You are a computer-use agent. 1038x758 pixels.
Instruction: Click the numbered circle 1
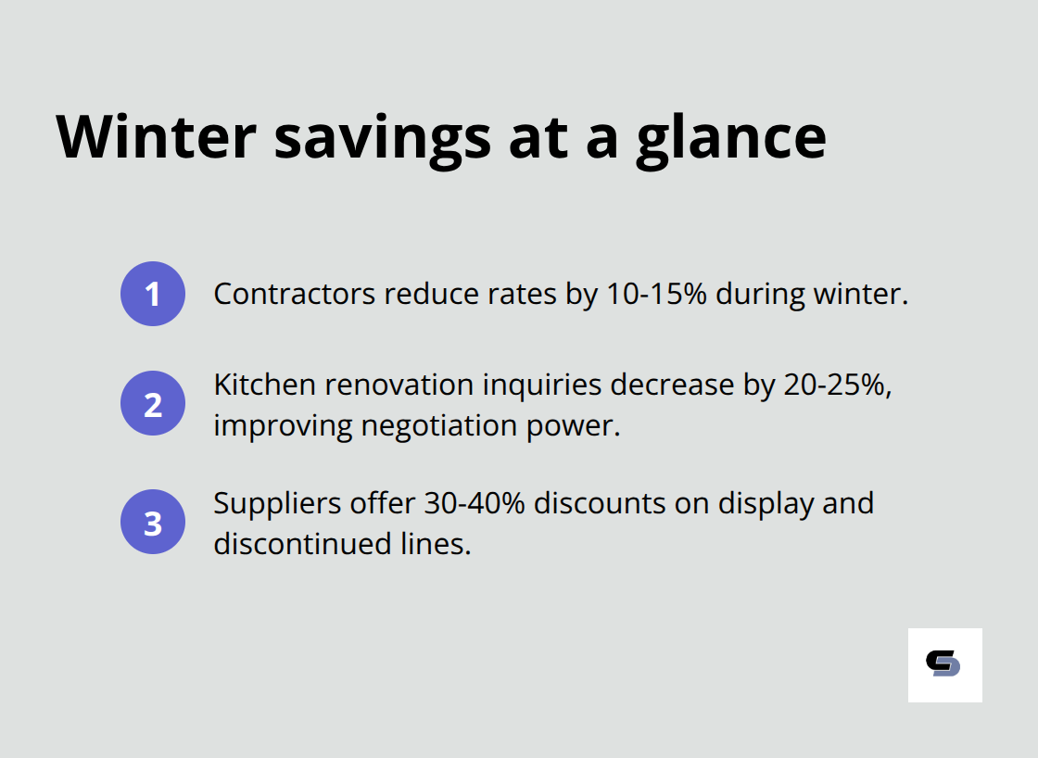pos(153,294)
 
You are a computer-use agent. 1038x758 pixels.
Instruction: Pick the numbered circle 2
pos(153,404)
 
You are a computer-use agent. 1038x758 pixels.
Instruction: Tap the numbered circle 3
pos(153,522)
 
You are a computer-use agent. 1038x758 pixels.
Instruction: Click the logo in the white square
pos(943,664)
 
